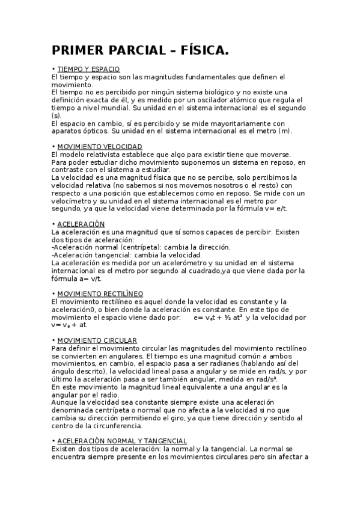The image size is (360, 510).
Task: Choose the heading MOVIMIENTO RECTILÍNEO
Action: [100, 294]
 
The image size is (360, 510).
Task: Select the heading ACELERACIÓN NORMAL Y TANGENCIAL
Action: [122, 441]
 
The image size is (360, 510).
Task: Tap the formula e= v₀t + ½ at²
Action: [218, 317]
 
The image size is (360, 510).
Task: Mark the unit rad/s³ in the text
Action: [264, 379]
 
